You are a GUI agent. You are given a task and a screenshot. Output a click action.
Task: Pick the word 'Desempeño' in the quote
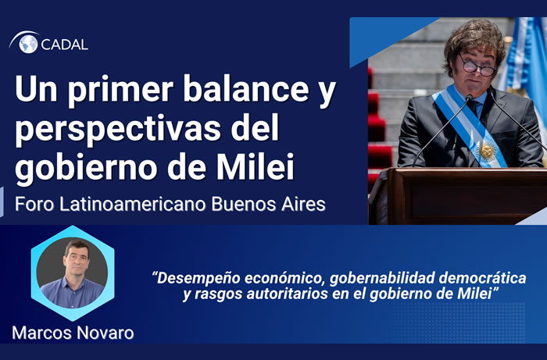click(195, 278)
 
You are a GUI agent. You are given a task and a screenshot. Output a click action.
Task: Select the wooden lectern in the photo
click(457, 195)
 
